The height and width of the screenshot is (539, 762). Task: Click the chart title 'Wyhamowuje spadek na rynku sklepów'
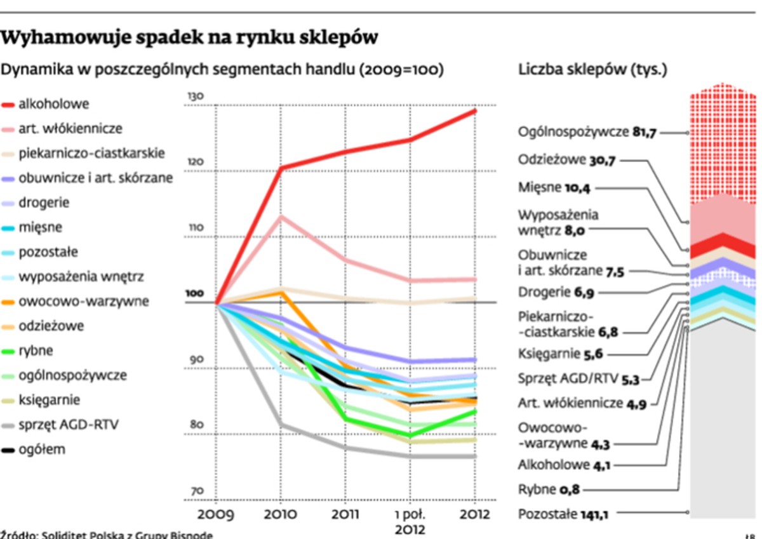point(189,38)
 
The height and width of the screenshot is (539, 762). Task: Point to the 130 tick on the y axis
point(194,96)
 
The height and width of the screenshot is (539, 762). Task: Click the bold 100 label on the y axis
point(194,294)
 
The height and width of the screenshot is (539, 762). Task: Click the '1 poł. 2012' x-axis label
point(410,521)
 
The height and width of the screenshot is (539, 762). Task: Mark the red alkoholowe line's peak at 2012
point(475,111)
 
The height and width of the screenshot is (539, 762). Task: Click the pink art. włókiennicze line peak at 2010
point(281,216)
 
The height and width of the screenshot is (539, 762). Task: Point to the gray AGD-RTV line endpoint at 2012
point(475,456)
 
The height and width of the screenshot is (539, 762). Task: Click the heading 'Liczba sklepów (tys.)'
point(593,69)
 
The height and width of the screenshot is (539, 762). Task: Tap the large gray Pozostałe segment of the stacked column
point(723,419)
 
